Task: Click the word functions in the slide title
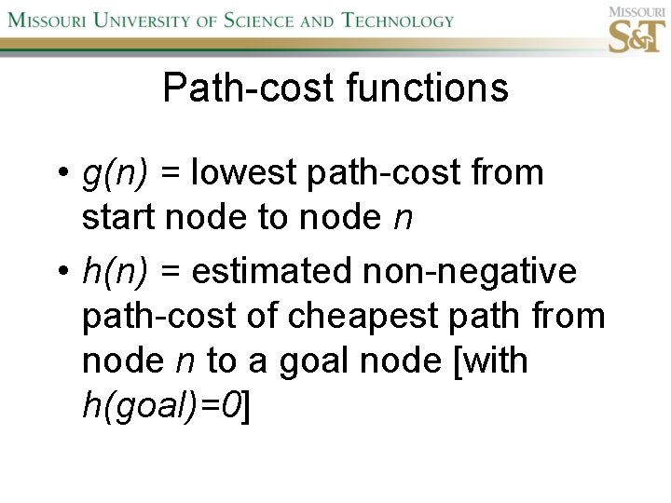[427, 88]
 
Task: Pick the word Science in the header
[263, 20]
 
